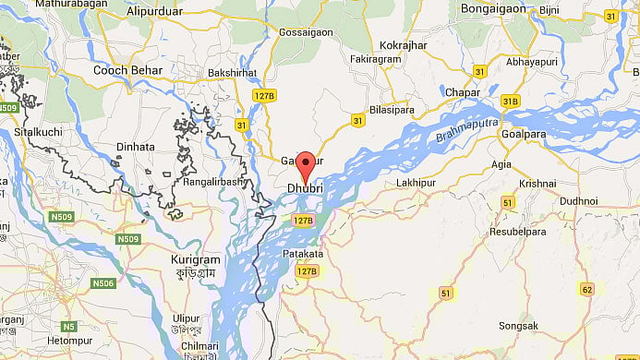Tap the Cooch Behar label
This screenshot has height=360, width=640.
click(x=128, y=70)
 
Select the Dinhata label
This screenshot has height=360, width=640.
click(x=137, y=147)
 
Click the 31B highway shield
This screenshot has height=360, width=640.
click(x=511, y=101)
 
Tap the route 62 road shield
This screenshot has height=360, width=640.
click(x=586, y=290)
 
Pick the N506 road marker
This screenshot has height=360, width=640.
click(x=103, y=283)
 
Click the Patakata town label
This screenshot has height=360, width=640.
click(x=303, y=253)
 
